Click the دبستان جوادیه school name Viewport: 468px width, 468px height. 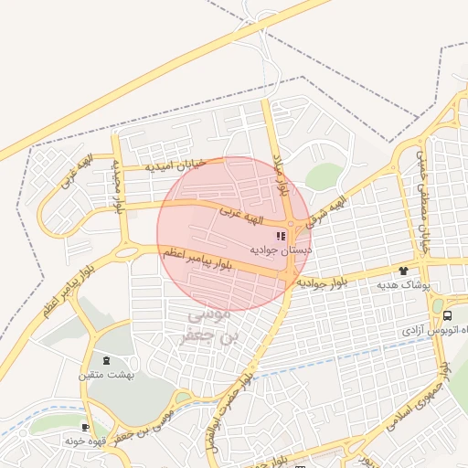pyautogui.click(x=280, y=249)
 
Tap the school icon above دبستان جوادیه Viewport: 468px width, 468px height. pyautogui.click(x=279, y=236)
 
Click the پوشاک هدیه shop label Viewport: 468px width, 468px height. pyautogui.click(x=403, y=285)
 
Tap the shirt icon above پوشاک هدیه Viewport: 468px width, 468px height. pyautogui.click(x=403, y=271)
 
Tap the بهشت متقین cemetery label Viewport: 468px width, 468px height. pyautogui.click(x=110, y=375)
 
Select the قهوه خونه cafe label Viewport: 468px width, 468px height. pyautogui.click(x=88, y=440)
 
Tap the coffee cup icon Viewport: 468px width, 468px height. pyautogui.click(x=85, y=427)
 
